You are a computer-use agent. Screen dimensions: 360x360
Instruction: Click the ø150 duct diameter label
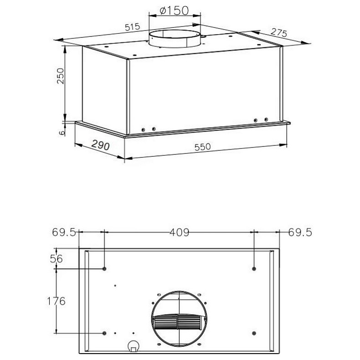click(x=174, y=10)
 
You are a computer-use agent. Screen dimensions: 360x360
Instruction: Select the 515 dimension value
click(x=132, y=27)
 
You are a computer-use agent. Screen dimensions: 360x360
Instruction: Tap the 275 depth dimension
click(x=279, y=33)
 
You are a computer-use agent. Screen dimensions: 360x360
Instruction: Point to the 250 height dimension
click(x=61, y=76)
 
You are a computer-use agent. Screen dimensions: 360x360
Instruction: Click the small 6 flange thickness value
click(x=62, y=133)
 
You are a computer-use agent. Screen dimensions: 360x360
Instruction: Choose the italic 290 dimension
click(x=101, y=145)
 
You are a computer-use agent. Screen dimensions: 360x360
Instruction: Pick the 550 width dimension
click(x=202, y=147)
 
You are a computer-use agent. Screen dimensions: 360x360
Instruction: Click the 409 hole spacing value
click(x=180, y=232)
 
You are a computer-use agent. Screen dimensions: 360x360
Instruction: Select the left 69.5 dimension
click(x=64, y=232)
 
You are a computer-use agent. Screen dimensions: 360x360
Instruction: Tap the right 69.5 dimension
click(x=300, y=232)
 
